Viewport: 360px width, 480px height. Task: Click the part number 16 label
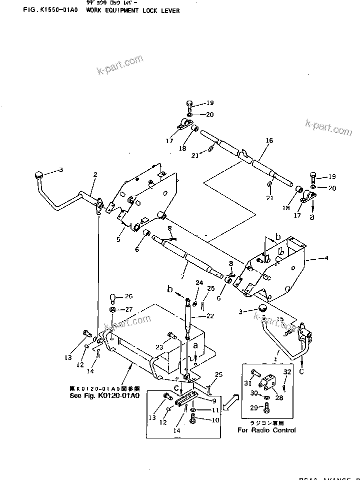[x=269, y=141]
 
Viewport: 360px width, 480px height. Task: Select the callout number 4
[x=326, y=259]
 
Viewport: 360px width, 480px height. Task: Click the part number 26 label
[x=128, y=296]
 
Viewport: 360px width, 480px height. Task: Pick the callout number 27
[x=128, y=309]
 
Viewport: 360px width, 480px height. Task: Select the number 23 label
[x=159, y=347]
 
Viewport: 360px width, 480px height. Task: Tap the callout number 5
[x=118, y=240]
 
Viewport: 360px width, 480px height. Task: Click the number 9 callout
[x=214, y=400]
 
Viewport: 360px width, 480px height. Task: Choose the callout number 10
[x=215, y=420]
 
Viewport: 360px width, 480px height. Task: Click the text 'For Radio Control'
[x=266, y=430]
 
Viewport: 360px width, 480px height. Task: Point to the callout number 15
[x=280, y=319]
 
